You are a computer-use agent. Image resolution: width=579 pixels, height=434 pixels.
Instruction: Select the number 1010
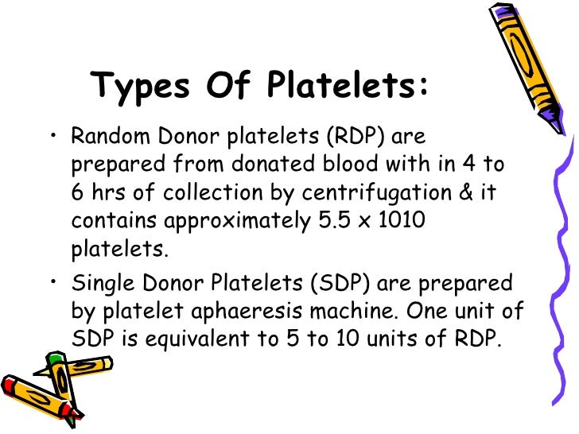(398, 220)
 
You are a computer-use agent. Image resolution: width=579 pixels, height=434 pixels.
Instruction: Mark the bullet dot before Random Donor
(53, 137)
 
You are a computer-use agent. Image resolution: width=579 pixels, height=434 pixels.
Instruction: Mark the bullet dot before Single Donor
(53, 282)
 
